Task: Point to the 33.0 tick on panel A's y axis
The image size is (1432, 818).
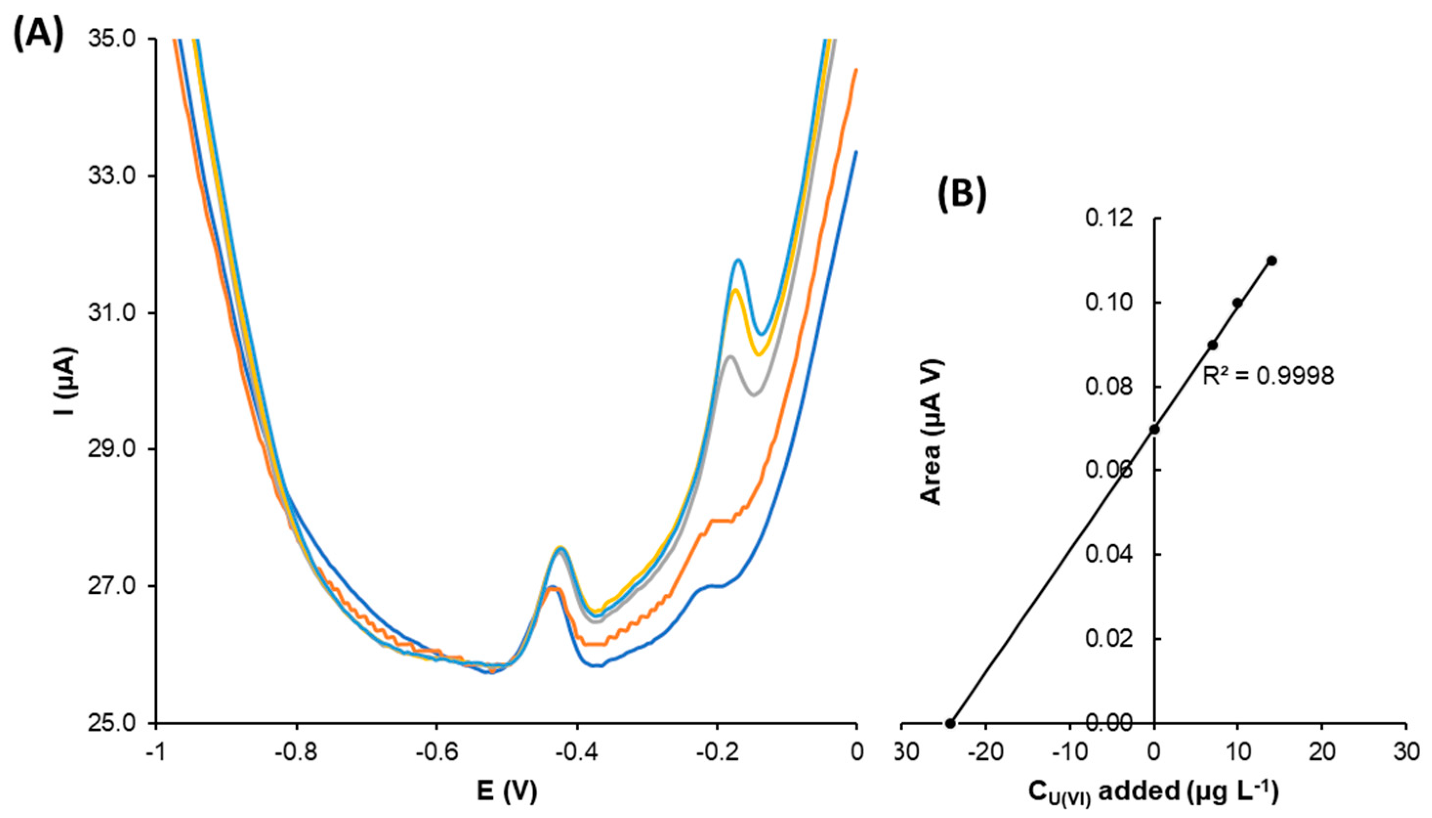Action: click(116, 176)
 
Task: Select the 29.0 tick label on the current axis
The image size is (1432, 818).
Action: click(116, 450)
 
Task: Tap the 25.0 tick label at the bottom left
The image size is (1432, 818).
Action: click(116, 723)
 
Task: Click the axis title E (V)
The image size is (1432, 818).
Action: click(507, 792)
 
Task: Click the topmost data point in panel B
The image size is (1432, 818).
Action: click(1272, 260)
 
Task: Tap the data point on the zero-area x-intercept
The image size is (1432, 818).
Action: click(950, 723)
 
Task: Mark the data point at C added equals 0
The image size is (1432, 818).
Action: click(1154, 429)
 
